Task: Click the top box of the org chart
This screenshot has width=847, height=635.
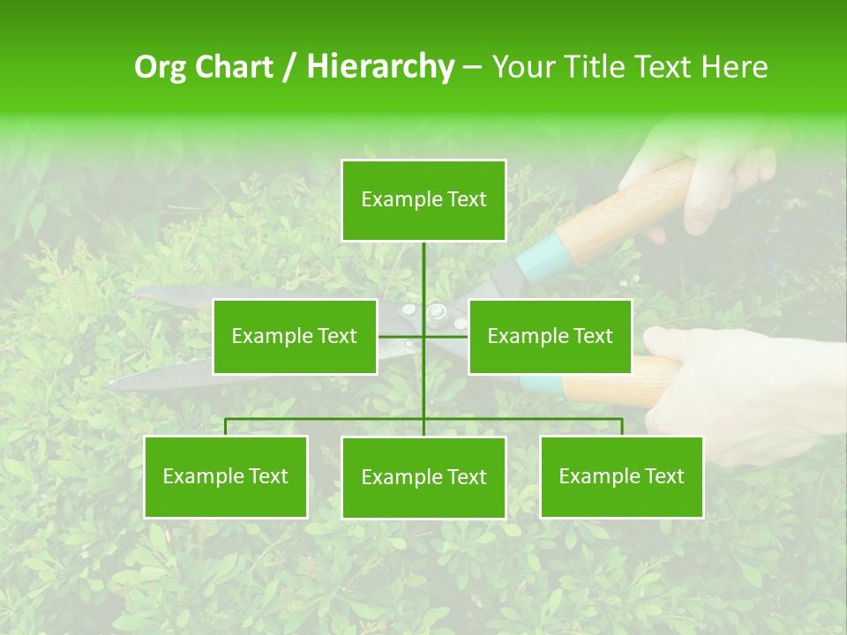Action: coord(423,200)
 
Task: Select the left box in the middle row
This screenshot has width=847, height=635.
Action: coord(295,336)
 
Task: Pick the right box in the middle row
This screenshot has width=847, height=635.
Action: coord(550,336)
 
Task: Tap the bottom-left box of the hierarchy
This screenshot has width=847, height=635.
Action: coord(226,477)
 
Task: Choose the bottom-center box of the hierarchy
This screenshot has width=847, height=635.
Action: coord(423,478)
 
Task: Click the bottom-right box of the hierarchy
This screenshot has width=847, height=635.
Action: coord(622,477)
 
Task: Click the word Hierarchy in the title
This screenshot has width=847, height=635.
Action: coord(380,67)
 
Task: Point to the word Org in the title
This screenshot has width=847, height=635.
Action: coord(160,67)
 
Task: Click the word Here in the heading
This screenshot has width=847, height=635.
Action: coord(734,67)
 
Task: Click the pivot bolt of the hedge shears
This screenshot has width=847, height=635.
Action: coord(436,310)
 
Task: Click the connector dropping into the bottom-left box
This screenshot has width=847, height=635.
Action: coord(226,427)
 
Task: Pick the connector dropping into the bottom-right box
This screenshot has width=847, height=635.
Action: coord(622,427)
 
